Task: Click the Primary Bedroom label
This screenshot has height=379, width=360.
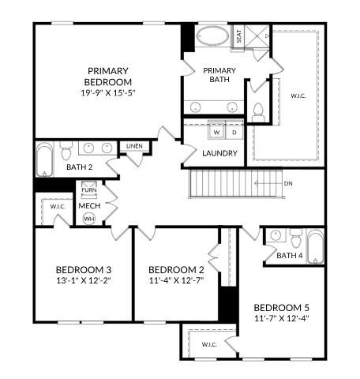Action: pyautogui.click(x=110, y=76)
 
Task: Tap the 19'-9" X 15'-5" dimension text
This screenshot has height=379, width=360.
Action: pyautogui.click(x=110, y=92)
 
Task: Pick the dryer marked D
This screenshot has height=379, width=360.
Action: pyautogui.click(x=234, y=132)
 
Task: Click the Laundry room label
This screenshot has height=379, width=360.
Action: pyautogui.click(x=219, y=153)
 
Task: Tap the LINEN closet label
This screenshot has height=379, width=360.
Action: pyautogui.click(x=134, y=146)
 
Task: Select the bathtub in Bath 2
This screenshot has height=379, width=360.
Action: pyautogui.click(x=44, y=159)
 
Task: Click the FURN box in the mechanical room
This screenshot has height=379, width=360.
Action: pyautogui.click(x=88, y=190)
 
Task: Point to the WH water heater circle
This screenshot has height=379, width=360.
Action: pyautogui.click(x=88, y=218)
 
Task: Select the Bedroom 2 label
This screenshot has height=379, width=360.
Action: pyautogui.click(x=177, y=268)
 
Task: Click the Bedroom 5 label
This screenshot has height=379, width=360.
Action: pyautogui.click(x=281, y=306)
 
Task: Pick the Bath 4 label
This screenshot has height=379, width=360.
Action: pyautogui.click(x=290, y=256)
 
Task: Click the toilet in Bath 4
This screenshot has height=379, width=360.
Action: pyautogui.click(x=296, y=236)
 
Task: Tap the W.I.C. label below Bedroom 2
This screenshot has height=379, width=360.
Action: pyautogui.click(x=209, y=344)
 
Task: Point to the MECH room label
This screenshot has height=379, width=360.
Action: pyautogui.click(x=88, y=205)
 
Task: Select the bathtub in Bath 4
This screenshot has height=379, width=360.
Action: pyautogui.click(x=315, y=247)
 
